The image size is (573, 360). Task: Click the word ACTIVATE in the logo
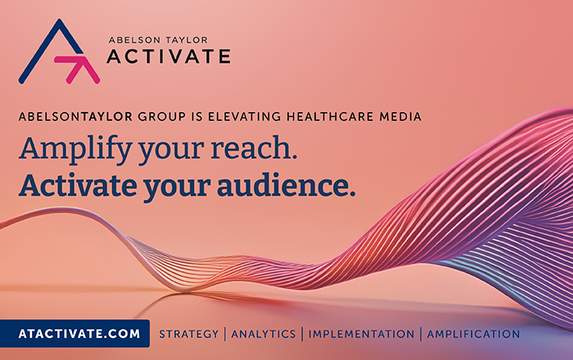(169, 56)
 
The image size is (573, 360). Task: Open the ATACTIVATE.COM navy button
(74, 333)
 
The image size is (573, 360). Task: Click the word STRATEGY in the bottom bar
(188, 334)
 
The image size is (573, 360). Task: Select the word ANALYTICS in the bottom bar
(264, 334)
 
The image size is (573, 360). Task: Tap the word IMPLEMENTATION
(361, 334)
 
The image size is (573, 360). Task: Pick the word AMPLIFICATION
(473, 334)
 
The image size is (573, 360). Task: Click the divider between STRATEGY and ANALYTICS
(225, 334)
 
